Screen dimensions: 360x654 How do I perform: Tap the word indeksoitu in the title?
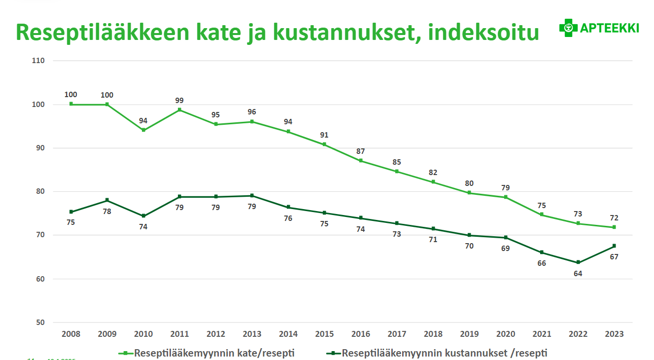click(483, 32)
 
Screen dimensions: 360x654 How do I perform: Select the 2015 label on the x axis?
click(325, 334)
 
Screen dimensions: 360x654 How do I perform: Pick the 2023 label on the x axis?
click(614, 334)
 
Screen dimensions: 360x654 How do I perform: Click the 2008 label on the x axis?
click(71, 334)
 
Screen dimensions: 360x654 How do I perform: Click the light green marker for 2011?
click(179, 109)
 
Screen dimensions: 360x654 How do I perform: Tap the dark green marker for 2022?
click(578, 262)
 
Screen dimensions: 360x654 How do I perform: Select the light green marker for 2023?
click(614, 227)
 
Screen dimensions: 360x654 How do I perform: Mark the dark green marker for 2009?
click(107, 200)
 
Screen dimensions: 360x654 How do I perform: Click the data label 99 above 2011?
click(179, 101)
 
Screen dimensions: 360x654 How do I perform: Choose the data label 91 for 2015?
click(324, 135)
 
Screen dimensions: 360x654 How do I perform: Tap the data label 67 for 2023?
click(614, 256)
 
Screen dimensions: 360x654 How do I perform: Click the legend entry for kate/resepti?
click(209, 353)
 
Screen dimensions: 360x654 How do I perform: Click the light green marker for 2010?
click(143, 130)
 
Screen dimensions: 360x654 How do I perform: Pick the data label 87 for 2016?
click(361, 151)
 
